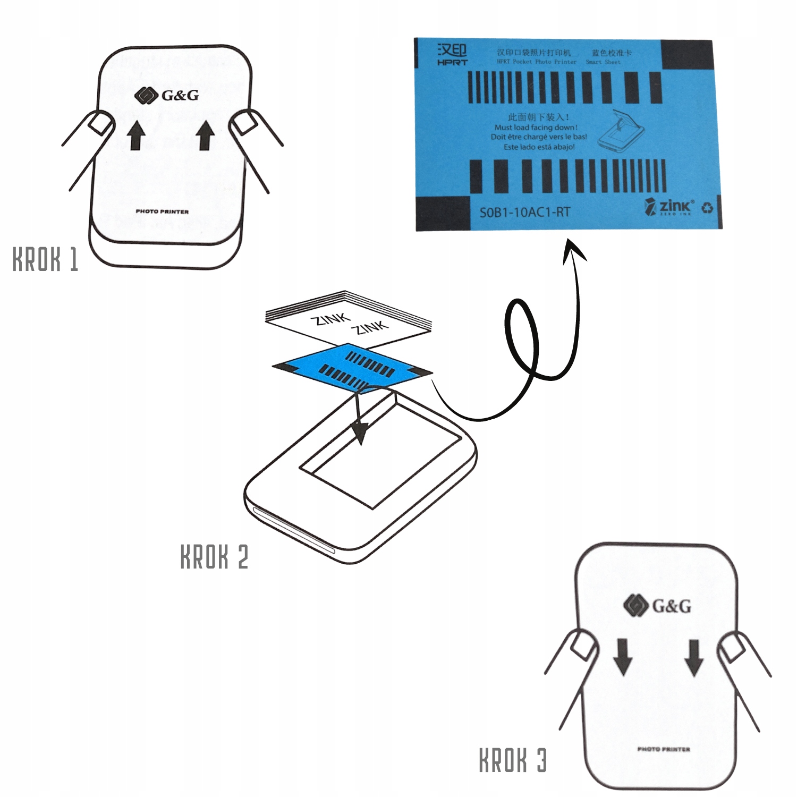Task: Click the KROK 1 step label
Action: click(45, 259)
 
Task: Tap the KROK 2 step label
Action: click(214, 556)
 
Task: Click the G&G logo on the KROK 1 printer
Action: click(166, 96)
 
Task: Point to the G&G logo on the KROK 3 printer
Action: click(657, 606)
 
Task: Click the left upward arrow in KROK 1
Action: click(137, 135)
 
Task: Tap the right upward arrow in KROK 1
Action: click(205, 135)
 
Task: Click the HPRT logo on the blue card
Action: click(452, 54)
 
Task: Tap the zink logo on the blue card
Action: click(669, 206)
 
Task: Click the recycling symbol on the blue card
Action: click(707, 207)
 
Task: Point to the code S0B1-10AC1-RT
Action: click(524, 213)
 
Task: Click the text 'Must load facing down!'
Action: click(536, 128)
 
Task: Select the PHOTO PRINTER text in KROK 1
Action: click(162, 211)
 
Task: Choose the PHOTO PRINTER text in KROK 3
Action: click(664, 749)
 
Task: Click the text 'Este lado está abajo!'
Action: click(539, 147)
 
